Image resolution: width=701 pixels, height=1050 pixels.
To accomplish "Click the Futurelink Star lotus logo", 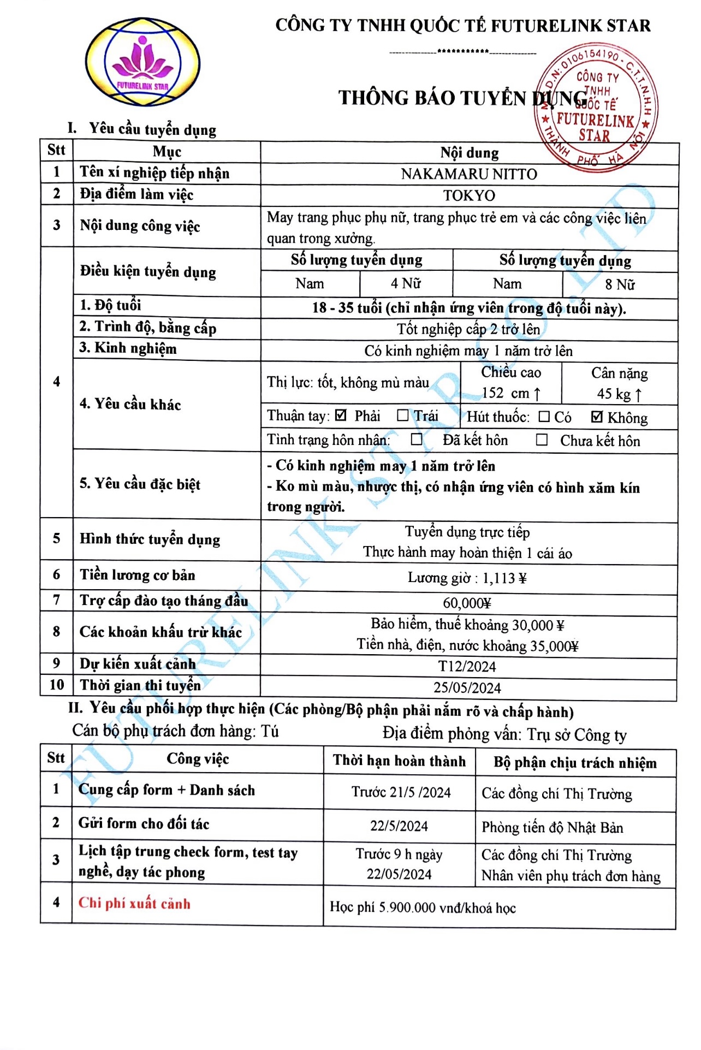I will pyautogui.click(x=142, y=62).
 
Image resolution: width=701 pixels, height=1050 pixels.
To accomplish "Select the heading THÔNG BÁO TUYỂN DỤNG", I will pyautogui.click(x=462, y=98).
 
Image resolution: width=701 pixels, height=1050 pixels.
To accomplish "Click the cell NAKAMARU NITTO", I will pyautogui.click(x=469, y=174).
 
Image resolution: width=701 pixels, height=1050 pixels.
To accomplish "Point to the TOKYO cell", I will pyautogui.click(x=469, y=195).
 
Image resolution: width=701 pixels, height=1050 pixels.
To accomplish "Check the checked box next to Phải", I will pyautogui.click(x=341, y=416).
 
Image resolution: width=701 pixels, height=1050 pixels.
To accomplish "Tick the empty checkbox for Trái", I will pyautogui.click(x=402, y=416).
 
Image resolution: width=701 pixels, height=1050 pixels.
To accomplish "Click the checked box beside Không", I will pyautogui.click(x=597, y=417).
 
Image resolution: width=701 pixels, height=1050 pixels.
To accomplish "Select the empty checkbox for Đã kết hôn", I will pyautogui.click(x=417, y=440).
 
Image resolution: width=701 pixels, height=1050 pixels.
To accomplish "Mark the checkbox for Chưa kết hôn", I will pyautogui.click(x=542, y=440).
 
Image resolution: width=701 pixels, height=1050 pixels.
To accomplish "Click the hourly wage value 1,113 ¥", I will pyautogui.click(x=504, y=578).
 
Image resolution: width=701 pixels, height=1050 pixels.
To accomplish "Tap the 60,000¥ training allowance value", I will pyautogui.click(x=467, y=603).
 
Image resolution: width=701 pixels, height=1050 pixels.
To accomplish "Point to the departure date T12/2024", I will pyautogui.click(x=467, y=667).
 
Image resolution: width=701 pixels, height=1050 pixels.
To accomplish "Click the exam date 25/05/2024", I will pyautogui.click(x=467, y=688).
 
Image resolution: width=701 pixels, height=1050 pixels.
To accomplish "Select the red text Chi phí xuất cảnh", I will pyautogui.click(x=134, y=903).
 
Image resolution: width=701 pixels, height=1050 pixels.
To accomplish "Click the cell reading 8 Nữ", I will pyautogui.click(x=620, y=284).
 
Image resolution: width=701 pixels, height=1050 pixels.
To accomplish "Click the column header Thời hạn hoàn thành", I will pyautogui.click(x=399, y=761).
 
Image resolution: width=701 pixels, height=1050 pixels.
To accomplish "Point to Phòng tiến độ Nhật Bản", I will pyautogui.click(x=552, y=828).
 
